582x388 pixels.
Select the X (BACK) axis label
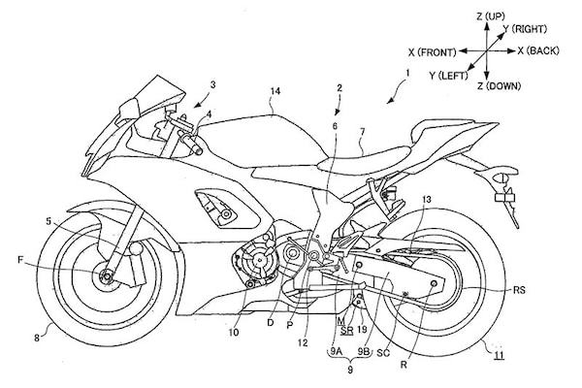tap(536, 48)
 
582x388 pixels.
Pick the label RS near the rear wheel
tap(520, 289)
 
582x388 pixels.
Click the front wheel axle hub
tap(104, 279)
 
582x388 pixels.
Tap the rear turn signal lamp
tap(504, 198)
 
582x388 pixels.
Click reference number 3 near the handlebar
tap(212, 84)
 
